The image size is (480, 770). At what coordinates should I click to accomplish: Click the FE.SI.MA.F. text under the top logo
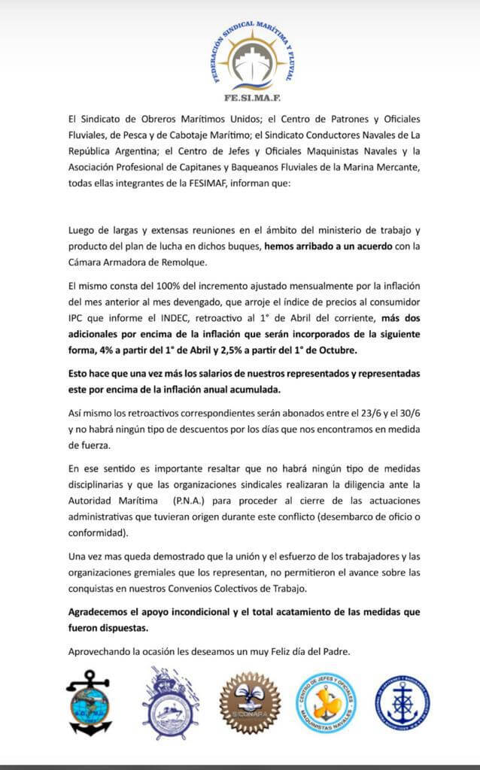tap(240, 97)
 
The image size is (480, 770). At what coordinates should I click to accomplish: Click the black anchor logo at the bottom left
tap(90, 703)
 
